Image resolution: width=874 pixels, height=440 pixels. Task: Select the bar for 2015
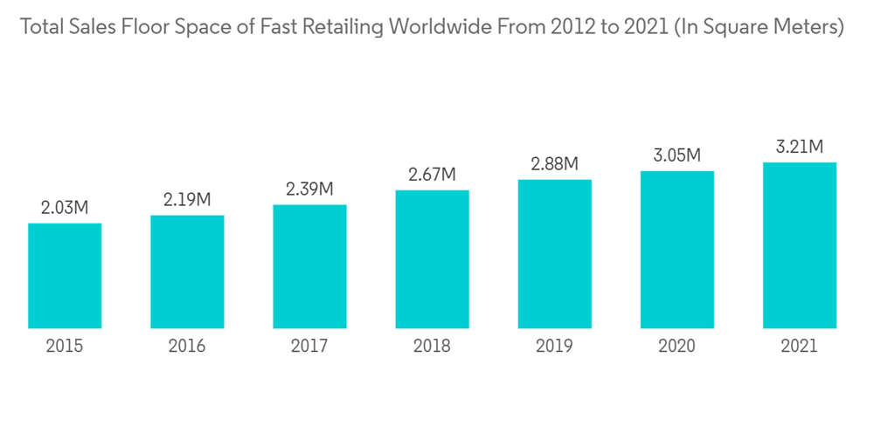click(x=65, y=276)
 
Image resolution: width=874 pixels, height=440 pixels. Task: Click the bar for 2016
click(x=187, y=272)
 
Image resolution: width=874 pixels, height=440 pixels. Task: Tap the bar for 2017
click(x=309, y=266)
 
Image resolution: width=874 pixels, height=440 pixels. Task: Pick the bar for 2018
click(x=432, y=259)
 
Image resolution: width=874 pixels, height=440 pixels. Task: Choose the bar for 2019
click(x=554, y=254)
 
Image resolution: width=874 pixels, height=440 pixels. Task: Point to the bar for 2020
click(x=676, y=250)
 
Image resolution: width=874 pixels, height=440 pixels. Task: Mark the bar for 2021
click(x=800, y=245)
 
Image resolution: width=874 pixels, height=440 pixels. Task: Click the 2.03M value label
click(x=65, y=208)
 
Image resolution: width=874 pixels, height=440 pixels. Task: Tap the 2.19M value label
click(x=187, y=199)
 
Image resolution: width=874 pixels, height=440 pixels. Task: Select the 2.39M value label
click(x=309, y=189)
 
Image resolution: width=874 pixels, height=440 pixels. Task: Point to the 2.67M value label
click(x=432, y=175)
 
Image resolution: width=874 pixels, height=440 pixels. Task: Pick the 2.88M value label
click(x=554, y=164)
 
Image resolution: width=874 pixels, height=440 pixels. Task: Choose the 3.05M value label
click(x=676, y=155)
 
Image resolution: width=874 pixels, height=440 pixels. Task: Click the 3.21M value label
click(x=800, y=147)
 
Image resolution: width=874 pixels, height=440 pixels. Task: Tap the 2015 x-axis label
click(x=65, y=347)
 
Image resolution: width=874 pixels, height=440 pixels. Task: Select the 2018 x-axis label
click(x=432, y=347)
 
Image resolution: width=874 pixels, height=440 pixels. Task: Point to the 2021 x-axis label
click(x=800, y=347)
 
